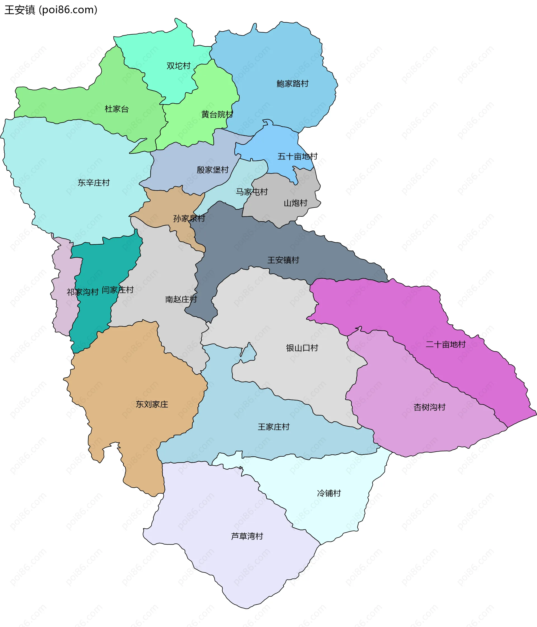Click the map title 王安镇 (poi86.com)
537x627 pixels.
[x=51, y=10]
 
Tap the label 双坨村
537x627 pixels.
[x=178, y=66]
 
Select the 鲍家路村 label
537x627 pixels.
[x=293, y=84]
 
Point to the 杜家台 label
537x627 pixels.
[x=117, y=109]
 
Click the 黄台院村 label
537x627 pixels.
[x=217, y=115]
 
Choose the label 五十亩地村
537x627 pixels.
[x=297, y=156]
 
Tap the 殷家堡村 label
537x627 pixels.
[x=213, y=170]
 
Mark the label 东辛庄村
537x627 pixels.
[x=94, y=183]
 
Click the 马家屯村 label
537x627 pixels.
[x=251, y=192]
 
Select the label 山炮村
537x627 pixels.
[x=295, y=203]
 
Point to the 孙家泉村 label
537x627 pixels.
[x=189, y=218]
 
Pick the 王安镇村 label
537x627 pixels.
[x=283, y=260]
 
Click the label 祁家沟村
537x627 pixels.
[x=83, y=292]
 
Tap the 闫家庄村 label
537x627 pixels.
[x=117, y=290]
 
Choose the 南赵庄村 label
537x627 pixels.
[x=181, y=299]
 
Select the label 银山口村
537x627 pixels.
[x=302, y=348]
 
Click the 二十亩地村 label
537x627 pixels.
[x=445, y=344]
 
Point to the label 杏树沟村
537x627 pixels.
[x=429, y=407]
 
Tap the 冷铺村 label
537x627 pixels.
[x=329, y=493]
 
